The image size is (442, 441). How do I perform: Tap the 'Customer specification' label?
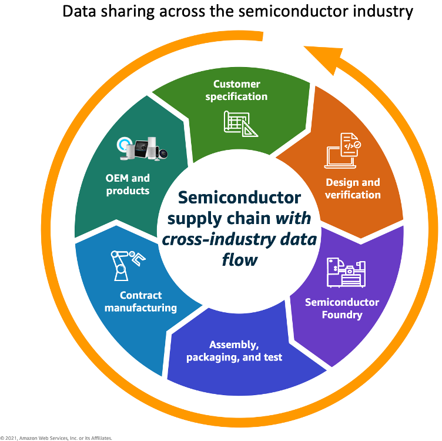236,90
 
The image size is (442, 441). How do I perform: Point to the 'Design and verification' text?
353,188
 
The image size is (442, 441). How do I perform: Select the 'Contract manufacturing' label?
140,301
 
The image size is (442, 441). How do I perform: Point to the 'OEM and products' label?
128,184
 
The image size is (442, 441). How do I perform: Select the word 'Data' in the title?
80,11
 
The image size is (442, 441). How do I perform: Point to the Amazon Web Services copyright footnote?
56,437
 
